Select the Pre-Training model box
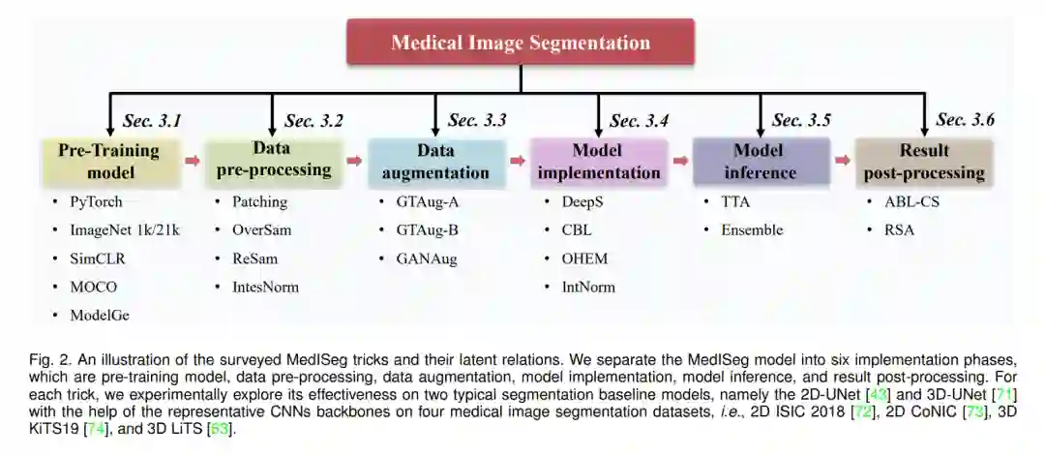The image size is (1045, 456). point(110,162)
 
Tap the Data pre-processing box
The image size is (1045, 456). point(273,162)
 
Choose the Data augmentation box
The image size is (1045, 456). point(436,162)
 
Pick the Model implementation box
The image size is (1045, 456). point(599,162)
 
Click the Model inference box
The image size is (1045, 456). point(761,162)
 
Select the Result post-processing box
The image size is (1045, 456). point(924,162)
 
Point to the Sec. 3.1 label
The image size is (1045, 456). point(152,121)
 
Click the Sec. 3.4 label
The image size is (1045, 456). point(639,121)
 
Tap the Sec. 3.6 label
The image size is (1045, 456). point(965,121)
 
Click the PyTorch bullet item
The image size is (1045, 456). point(98,202)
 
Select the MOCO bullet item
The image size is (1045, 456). point(94,288)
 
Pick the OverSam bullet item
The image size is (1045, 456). point(261,230)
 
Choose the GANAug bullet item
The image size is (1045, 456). point(426,258)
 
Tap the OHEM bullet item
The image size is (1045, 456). point(584,258)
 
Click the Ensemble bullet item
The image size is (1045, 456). point(752,230)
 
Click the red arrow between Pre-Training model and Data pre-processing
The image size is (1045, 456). point(193,162)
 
